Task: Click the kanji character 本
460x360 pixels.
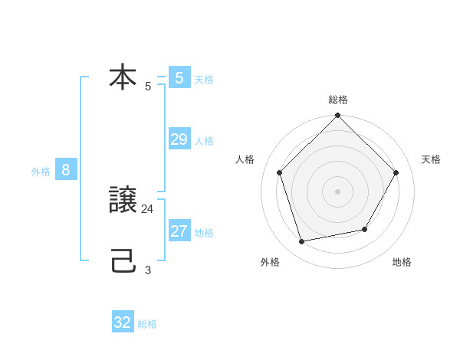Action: pos(123,78)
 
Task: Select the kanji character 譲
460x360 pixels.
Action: pos(123,202)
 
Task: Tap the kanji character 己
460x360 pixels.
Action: pos(123,263)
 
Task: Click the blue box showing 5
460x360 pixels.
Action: pos(179,78)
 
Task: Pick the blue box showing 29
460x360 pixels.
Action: pos(179,139)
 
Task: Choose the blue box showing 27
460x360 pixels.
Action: pos(179,231)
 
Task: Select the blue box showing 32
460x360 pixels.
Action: pos(123,322)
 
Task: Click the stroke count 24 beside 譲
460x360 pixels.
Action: pos(148,208)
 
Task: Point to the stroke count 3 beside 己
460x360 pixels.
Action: pos(148,270)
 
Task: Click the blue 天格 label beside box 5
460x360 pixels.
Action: pos(204,80)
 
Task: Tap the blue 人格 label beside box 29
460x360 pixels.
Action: pos(204,141)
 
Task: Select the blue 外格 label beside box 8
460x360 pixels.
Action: pos(41,172)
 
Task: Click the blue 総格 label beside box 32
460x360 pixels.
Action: pos(147,324)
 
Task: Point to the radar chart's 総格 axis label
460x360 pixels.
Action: pos(337,100)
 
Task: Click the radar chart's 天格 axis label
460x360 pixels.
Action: pos(431,159)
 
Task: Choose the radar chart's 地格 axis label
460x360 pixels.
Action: pos(402,263)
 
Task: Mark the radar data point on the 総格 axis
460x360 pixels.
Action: pos(337,116)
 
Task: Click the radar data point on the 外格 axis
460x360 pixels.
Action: pos(302,242)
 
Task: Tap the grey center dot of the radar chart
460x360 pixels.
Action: pos(337,191)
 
